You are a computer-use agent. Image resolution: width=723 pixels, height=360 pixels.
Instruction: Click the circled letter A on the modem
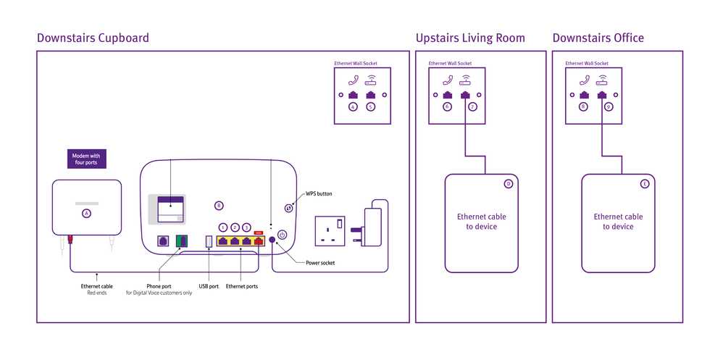point(87,214)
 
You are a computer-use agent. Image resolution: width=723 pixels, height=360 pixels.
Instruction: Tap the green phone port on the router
point(182,241)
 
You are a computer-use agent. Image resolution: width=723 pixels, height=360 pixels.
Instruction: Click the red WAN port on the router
point(258,240)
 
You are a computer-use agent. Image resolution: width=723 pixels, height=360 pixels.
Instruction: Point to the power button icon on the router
point(283,235)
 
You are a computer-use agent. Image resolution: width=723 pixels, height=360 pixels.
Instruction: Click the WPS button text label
point(317,194)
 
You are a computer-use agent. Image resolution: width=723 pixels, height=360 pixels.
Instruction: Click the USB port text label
point(209,286)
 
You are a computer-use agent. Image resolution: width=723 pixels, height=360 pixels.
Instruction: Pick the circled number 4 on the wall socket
point(353,107)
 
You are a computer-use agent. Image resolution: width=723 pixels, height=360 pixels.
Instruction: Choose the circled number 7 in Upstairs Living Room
point(472,107)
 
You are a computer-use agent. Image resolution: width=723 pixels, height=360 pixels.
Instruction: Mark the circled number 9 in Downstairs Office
point(609,107)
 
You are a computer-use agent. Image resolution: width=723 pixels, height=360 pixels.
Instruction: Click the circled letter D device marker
point(509,184)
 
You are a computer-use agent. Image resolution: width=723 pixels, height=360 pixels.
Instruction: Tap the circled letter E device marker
point(645,184)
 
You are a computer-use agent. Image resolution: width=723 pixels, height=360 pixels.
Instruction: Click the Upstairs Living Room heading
point(470,38)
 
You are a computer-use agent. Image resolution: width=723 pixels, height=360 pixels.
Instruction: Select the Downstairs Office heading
point(598,38)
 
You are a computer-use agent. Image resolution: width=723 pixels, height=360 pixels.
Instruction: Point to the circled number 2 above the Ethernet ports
point(235,227)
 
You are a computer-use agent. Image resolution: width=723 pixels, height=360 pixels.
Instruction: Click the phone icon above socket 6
point(448,80)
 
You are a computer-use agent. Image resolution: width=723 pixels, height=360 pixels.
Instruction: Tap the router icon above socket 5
point(371,80)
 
